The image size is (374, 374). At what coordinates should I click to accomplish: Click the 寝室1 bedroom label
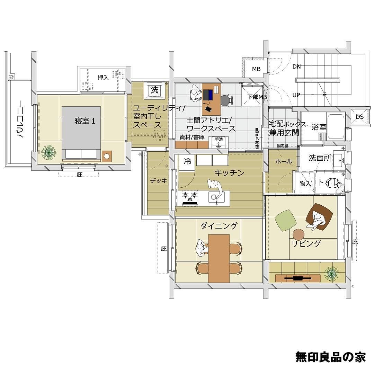85,121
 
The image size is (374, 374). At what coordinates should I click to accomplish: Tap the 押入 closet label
103,77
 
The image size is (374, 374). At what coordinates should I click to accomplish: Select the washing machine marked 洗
154,90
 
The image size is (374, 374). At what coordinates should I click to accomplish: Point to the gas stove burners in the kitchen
190,197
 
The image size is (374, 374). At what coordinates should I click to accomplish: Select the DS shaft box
359,117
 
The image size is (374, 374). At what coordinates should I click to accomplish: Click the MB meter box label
256,69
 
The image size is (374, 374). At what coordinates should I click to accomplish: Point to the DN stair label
296,67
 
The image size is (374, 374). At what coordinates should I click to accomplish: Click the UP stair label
296,95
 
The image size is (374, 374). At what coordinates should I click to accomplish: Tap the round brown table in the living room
298,234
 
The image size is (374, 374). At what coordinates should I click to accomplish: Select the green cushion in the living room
286,220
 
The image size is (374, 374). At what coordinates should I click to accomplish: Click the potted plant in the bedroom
49,152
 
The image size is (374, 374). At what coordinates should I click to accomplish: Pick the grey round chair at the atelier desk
226,100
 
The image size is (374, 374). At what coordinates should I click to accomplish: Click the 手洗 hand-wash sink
219,142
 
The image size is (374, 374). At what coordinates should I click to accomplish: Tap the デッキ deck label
159,181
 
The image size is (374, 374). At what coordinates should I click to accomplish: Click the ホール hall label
284,161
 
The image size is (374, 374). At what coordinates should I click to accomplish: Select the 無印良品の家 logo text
331,357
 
